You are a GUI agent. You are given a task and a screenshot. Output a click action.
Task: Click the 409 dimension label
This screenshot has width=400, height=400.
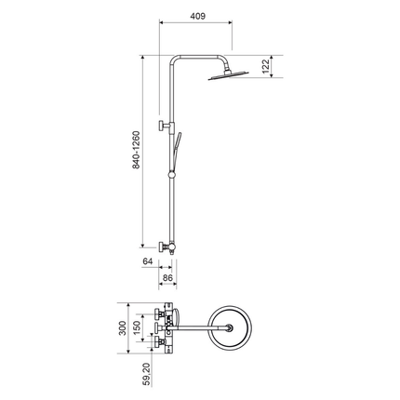pyautogui.click(x=198, y=16)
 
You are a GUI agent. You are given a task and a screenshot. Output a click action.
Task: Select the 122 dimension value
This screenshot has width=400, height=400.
pyautogui.click(x=266, y=67)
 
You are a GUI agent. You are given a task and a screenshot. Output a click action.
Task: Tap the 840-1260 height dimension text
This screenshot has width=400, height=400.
pyautogui.click(x=136, y=150)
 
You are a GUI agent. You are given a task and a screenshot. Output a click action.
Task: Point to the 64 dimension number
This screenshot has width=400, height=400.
pyautogui.click(x=148, y=261)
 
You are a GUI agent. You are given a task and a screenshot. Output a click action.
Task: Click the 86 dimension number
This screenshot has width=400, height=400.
pyautogui.click(x=167, y=278)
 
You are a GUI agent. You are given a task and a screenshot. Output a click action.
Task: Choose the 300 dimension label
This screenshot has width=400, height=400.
pyautogui.click(x=123, y=328)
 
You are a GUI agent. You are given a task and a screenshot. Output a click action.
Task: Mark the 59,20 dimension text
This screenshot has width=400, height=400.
pyautogui.click(x=148, y=374)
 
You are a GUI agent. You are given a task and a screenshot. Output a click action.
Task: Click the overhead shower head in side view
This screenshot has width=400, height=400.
pyautogui.click(x=228, y=75)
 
